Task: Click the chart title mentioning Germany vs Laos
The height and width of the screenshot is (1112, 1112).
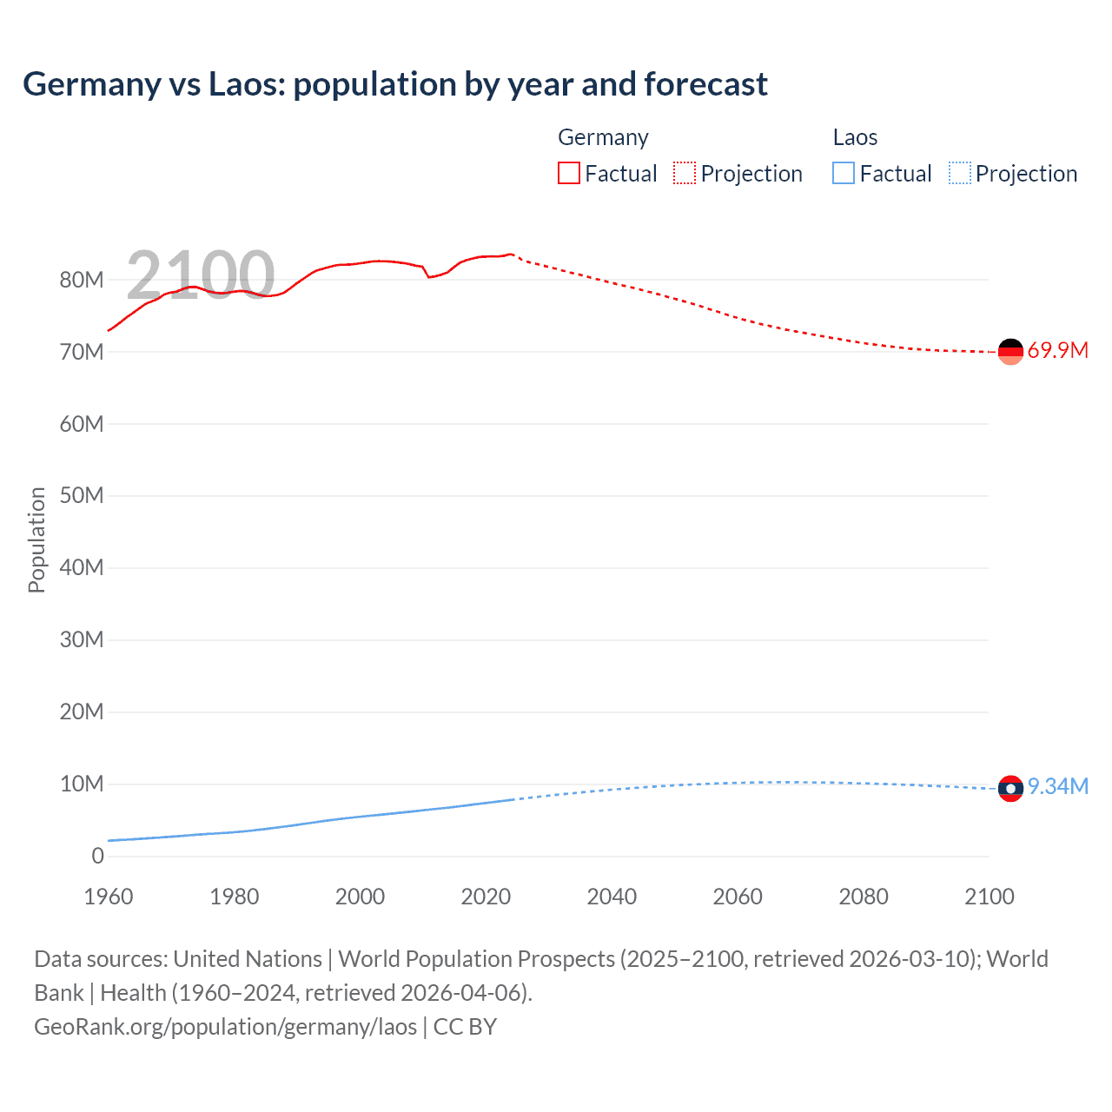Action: tap(395, 84)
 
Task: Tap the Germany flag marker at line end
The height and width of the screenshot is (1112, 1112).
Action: tap(1010, 352)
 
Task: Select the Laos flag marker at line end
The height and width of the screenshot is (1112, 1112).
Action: tap(1010, 789)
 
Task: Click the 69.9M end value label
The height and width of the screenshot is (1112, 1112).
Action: tap(1057, 351)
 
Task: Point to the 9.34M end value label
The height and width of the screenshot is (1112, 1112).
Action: tap(1057, 787)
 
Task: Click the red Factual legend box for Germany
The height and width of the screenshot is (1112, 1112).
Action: tap(569, 174)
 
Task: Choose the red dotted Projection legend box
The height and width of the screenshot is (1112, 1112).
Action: tap(685, 174)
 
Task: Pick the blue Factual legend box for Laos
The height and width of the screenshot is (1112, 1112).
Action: tap(844, 174)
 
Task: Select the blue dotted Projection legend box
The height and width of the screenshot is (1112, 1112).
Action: tap(960, 174)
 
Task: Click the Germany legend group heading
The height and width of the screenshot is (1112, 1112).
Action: tap(603, 137)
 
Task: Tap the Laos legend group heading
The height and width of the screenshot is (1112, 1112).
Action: tap(855, 137)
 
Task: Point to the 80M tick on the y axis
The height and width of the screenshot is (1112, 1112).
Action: tap(82, 281)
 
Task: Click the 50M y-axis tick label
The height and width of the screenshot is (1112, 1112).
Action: tap(82, 496)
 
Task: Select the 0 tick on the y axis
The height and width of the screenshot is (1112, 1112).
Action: tap(97, 857)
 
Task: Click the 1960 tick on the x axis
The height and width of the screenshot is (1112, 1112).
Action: tap(109, 897)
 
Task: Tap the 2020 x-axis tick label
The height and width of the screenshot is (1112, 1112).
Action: tap(486, 897)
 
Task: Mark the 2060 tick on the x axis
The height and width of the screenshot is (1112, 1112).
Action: tap(738, 897)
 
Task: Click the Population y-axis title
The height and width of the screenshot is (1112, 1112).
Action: tap(36, 539)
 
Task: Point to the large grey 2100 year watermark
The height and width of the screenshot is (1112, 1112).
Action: tap(201, 275)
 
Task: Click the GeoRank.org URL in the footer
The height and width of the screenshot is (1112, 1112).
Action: tap(226, 1027)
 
